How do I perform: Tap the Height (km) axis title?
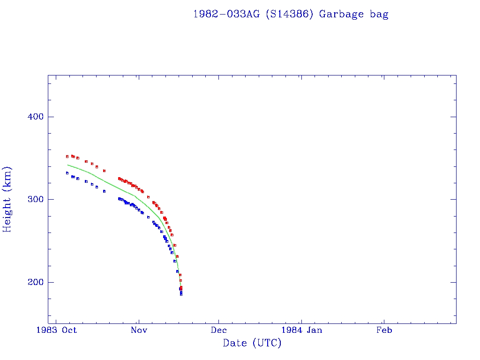click(x=8, y=199)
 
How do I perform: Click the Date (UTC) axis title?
click(x=252, y=343)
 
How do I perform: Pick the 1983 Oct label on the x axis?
click(x=56, y=330)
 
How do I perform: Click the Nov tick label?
click(x=139, y=330)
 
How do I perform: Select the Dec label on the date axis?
click(x=219, y=330)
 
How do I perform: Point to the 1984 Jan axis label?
click(x=301, y=330)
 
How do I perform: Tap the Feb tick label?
click(x=384, y=330)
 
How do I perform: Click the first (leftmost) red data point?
click(x=67, y=157)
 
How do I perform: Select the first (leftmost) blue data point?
click(x=67, y=173)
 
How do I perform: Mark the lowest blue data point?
click(x=181, y=294)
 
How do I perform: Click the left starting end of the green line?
click(x=67, y=165)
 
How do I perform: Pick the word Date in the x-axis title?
click(x=235, y=343)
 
